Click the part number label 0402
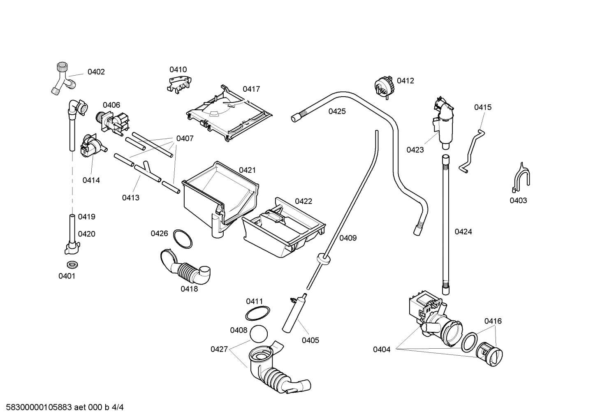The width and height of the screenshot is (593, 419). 96,72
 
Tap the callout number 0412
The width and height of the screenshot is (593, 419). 405,81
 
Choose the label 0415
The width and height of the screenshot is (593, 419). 482,107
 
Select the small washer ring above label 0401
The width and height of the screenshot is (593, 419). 72,264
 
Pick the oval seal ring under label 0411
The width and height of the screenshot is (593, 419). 258,313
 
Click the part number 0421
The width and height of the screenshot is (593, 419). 247,170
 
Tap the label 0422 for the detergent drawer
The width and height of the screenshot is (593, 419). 303,201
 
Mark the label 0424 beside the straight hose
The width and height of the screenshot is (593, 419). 463,232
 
